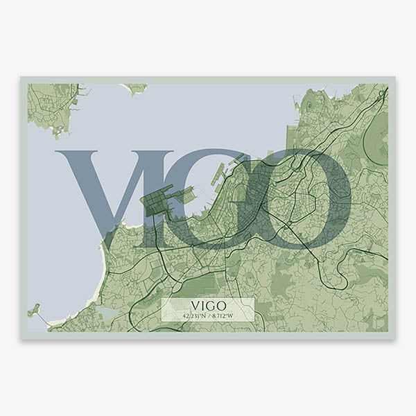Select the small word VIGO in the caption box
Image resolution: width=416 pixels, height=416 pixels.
point(207,305)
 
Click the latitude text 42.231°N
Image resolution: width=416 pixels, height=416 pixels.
point(195,315)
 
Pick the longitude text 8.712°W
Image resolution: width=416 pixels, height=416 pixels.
point(221,315)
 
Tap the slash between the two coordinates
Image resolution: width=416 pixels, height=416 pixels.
point(208,315)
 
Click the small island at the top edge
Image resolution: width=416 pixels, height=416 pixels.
point(136,88)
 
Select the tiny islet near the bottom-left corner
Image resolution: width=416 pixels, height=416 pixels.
point(33,310)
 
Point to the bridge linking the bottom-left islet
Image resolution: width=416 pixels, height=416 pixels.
point(43,318)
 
